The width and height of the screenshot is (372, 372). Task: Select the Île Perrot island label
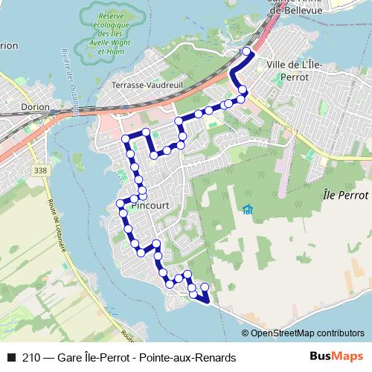(347, 194)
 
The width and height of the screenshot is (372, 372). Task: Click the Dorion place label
(35, 107)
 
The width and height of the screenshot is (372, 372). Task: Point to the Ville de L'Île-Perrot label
(298, 69)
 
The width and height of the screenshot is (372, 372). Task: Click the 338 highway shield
(38, 171)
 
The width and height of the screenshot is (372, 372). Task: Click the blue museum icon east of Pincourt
(247, 210)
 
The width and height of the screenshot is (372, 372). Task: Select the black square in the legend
(10, 358)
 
